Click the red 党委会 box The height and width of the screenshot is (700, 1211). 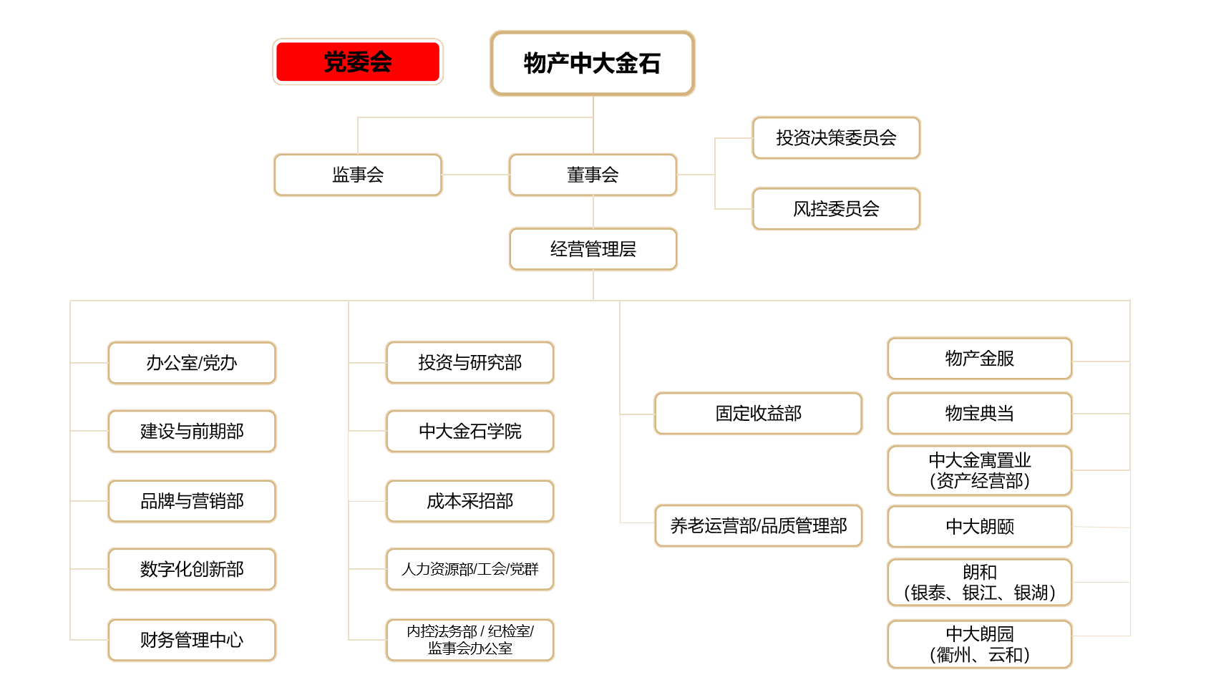pyautogui.click(x=357, y=62)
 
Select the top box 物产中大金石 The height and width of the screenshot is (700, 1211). pyautogui.click(x=592, y=63)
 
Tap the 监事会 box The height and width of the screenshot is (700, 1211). pyautogui.click(x=357, y=175)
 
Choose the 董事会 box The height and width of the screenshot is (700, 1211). pyautogui.click(x=593, y=175)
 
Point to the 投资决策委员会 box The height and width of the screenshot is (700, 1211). pyautogui.click(x=836, y=138)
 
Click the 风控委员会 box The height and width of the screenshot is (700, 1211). pyautogui.click(x=836, y=209)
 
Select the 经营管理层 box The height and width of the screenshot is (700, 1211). pyautogui.click(x=593, y=249)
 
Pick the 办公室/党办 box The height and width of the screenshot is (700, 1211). pyautogui.click(x=192, y=363)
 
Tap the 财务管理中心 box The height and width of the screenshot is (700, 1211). pyautogui.click(x=192, y=640)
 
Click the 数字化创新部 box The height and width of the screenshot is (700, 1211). pyautogui.click(x=192, y=569)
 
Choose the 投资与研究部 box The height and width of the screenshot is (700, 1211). pyautogui.click(x=470, y=362)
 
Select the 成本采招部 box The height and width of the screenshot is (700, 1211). pyautogui.click(x=470, y=501)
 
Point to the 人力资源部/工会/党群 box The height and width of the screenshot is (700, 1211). pyautogui.click(x=470, y=569)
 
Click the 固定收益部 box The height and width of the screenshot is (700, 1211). pyautogui.click(x=758, y=414)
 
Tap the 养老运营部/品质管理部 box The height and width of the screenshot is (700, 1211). pyautogui.click(x=758, y=526)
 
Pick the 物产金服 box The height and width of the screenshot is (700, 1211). pyautogui.click(x=979, y=359)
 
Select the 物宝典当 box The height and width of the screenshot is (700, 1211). pyautogui.click(x=979, y=414)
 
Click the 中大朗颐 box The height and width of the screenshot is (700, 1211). pyautogui.click(x=979, y=527)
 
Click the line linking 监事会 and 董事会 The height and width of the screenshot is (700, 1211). pyautogui.click(x=476, y=175)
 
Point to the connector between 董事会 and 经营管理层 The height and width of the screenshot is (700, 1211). pyautogui.click(x=593, y=212)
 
